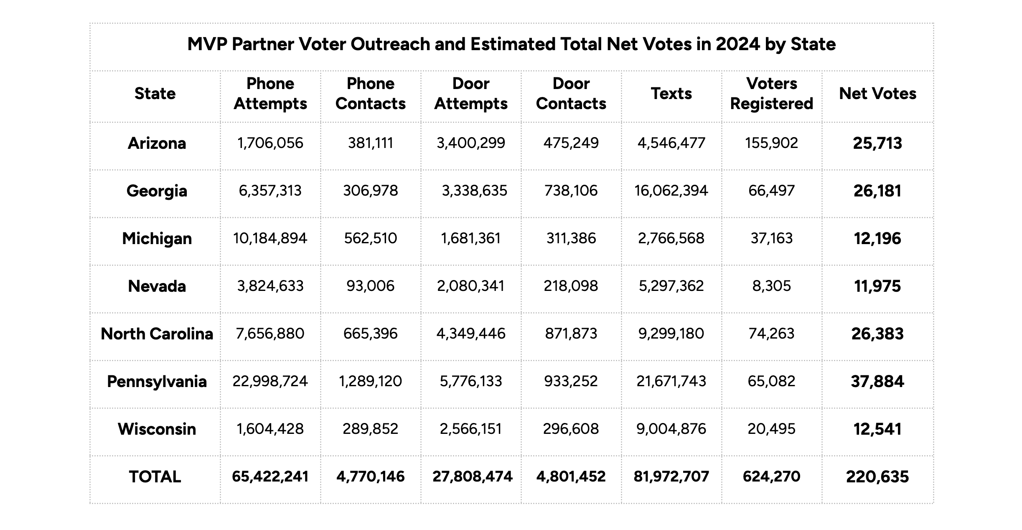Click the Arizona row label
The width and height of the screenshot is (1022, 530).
157,143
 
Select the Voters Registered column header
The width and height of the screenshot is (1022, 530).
771,94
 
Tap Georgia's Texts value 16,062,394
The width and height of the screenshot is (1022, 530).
671,191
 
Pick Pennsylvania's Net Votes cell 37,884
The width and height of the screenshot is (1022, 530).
877,382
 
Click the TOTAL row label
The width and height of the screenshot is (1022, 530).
155,477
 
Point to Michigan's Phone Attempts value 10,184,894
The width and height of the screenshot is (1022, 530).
270,239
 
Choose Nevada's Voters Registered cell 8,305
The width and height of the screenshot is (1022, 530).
771,286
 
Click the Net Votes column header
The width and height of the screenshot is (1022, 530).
877,94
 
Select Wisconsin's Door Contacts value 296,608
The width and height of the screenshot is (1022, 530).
571,429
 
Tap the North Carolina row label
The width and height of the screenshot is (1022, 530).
157,334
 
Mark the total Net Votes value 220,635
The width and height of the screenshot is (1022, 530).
877,477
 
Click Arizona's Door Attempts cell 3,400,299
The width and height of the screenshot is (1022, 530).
471,143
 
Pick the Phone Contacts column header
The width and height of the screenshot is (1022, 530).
370,94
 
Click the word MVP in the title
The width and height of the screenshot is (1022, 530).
207,44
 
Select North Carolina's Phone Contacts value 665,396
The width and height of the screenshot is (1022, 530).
370,334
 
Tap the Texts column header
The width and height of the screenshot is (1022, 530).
671,94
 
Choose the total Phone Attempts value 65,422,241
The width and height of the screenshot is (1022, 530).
270,477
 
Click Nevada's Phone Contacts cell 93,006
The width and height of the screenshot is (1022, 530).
370,286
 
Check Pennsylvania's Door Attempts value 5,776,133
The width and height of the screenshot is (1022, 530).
471,382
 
